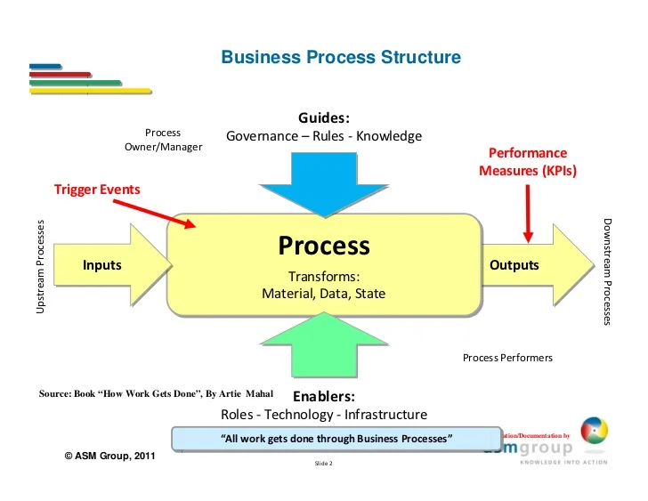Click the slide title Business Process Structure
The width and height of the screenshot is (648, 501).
(341, 58)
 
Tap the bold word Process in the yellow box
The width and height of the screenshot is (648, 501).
(323, 246)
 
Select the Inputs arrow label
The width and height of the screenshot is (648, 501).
(101, 265)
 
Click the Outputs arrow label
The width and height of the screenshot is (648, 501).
(514, 265)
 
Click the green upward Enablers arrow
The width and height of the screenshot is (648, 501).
(324, 347)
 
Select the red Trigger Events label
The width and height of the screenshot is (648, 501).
(97, 190)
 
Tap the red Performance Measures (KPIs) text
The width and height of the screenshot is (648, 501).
(528, 162)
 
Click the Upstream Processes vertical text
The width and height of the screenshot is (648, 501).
(40, 265)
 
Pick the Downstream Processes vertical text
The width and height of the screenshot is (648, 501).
(607, 271)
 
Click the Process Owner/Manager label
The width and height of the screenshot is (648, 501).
(163, 140)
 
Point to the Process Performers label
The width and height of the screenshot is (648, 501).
(507, 358)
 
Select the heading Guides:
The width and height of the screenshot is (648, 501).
(324, 118)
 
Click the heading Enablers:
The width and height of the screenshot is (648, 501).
(324, 396)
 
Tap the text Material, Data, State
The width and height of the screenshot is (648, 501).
(323, 293)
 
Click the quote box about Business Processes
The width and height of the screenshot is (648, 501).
(336, 439)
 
